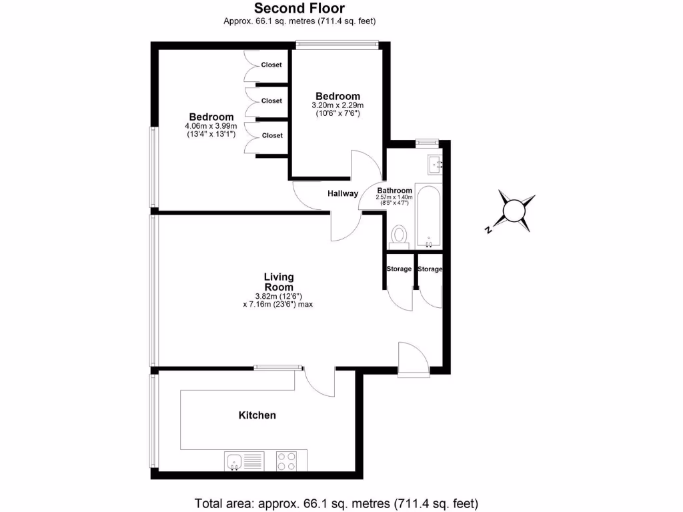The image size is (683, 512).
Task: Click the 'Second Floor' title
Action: (x=299, y=9)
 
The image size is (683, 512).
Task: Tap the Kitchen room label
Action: (x=257, y=415)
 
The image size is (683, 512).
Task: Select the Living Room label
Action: (x=279, y=282)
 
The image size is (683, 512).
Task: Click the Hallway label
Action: (x=343, y=194)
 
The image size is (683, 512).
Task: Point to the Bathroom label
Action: (x=395, y=190)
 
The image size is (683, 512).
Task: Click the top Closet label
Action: (x=271, y=65)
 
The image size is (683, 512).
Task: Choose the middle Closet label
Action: (x=271, y=101)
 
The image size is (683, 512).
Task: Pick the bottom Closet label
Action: (x=271, y=135)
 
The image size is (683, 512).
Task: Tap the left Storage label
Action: (x=399, y=269)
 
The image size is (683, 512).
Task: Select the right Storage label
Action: (x=430, y=269)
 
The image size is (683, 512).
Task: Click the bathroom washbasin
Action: (x=434, y=163)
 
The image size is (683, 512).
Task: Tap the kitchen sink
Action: (x=234, y=461)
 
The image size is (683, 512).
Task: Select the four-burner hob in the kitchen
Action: (x=287, y=461)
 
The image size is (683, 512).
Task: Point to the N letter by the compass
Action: (x=488, y=231)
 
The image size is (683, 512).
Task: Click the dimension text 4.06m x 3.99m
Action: (x=211, y=126)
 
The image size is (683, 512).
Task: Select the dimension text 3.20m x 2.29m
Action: (x=337, y=105)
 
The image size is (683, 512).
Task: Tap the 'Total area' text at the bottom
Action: (x=336, y=502)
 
